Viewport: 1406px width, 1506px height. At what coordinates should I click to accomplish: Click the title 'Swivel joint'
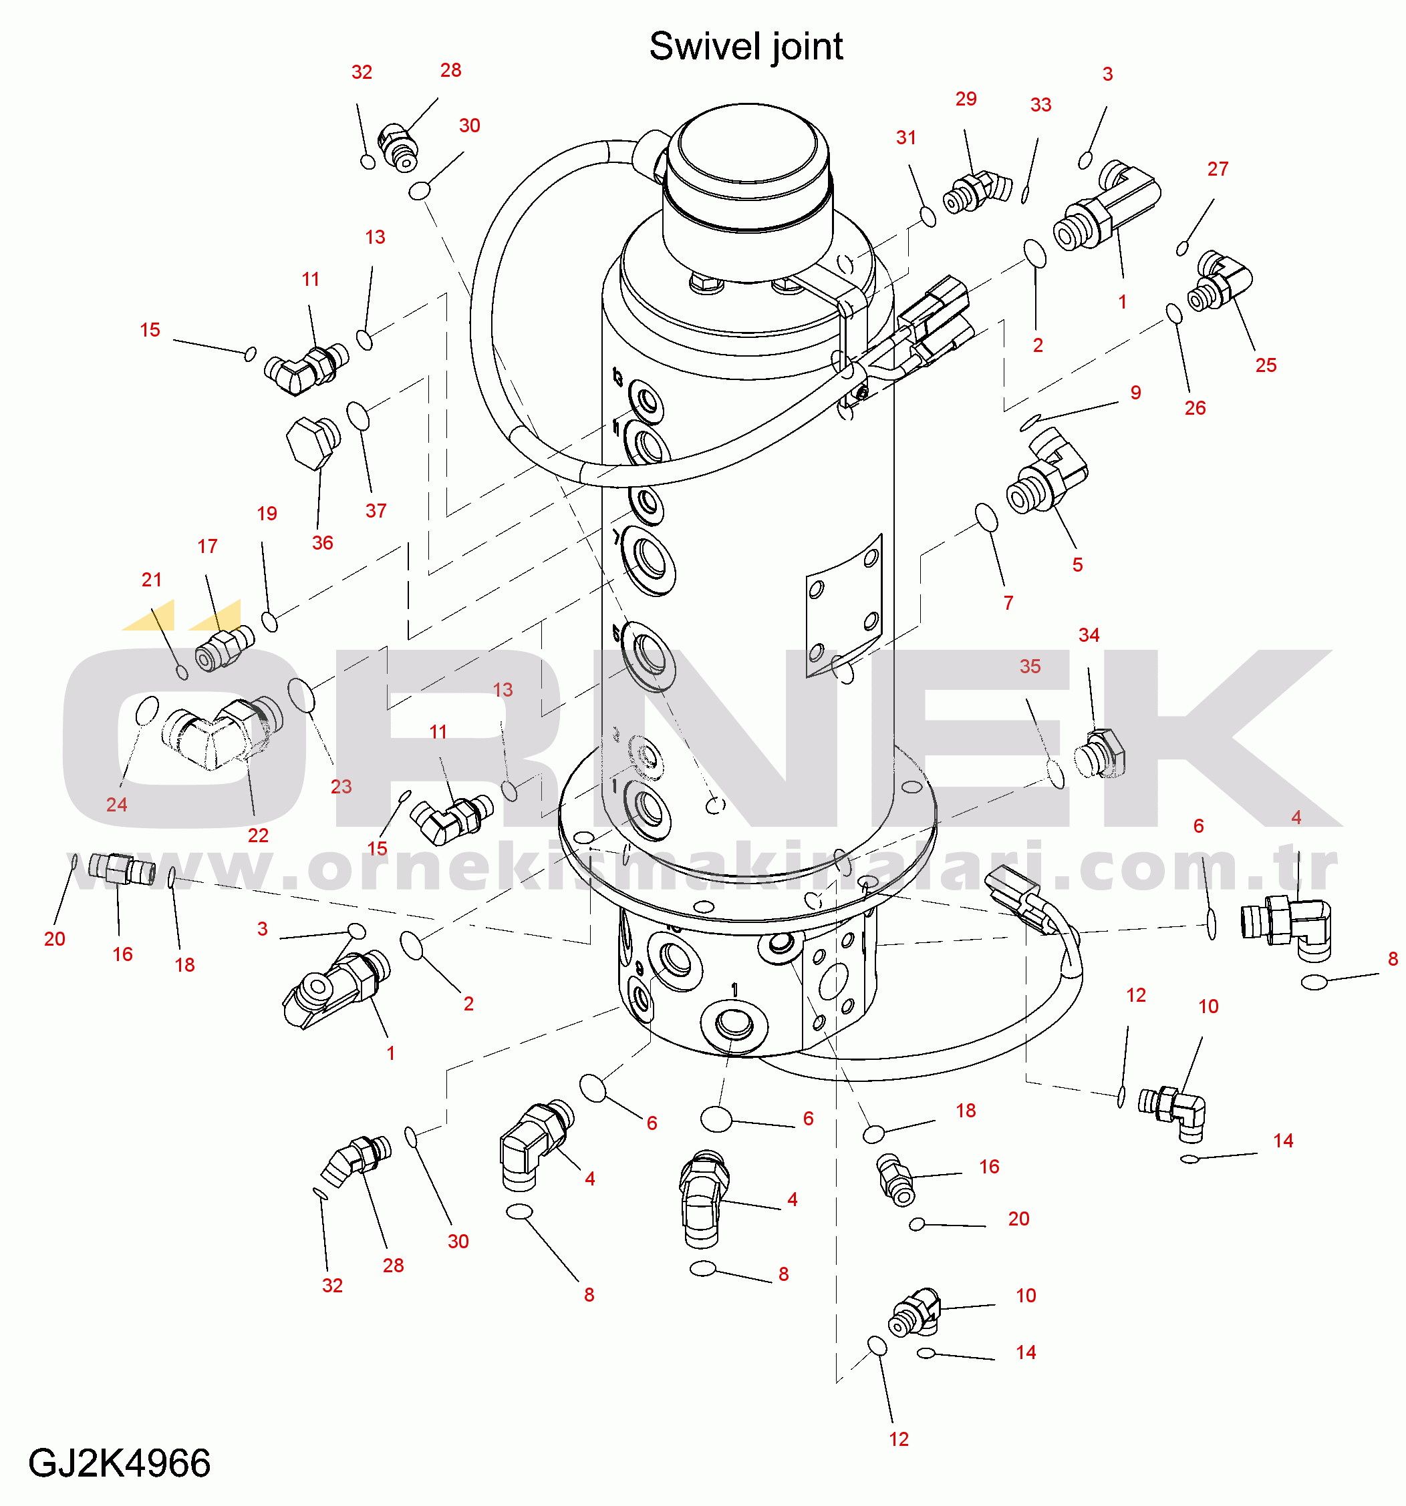(x=746, y=47)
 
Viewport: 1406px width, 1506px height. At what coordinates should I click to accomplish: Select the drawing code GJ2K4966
(x=120, y=1463)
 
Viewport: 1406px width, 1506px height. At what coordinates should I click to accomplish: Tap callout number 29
(x=966, y=100)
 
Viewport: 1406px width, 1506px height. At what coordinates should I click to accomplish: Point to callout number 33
(x=1040, y=105)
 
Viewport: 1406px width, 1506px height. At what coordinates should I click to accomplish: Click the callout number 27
(x=1218, y=169)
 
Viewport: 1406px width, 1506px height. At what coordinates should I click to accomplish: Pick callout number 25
(x=1266, y=365)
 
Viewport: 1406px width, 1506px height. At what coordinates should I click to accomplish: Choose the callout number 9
(x=1135, y=393)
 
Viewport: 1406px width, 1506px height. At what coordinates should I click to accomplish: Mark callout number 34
(x=1089, y=635)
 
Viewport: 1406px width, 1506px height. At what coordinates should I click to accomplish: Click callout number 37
(x=376, y=511)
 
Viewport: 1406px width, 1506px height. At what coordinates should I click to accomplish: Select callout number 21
(x=152, y=580)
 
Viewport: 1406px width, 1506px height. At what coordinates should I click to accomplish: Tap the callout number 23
(x=341, y=786)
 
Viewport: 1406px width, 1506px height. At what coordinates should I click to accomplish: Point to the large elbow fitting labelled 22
(x=222, y=733)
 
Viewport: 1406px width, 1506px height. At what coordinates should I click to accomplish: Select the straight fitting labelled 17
(x=225, y=647)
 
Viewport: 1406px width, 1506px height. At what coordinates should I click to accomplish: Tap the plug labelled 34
(x=1100, y=753)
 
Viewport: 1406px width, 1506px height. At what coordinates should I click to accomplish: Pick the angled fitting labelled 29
(x=977, y=192)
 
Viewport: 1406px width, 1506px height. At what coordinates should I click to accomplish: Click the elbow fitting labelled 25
(x=1220, y=282)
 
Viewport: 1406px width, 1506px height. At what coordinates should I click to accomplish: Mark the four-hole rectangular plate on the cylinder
(x=845, y=606)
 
